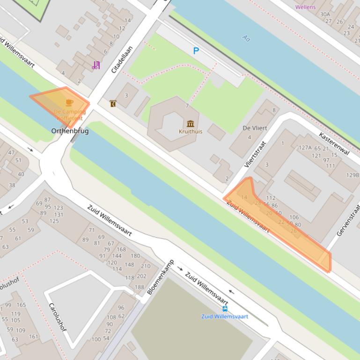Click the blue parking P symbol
click(196, 51)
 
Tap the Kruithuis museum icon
click(191, 123)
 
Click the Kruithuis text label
click(191, 131)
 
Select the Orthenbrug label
click(70, 131)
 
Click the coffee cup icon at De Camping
click(69, 102)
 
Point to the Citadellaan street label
click(122, 59)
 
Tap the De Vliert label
click(255, 128)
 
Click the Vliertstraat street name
click(255, 154)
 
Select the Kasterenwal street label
click(334, 144)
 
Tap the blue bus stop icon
click(225, 309)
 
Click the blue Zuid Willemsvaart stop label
click(225, 317)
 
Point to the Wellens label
click(305, 7)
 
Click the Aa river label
click(246, 38)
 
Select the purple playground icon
click(96, 65)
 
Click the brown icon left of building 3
click(113, 103)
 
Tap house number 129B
click(353, 175)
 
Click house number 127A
click(305, 148)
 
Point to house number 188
click(140, 287)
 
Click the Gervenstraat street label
click(348, 219)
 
